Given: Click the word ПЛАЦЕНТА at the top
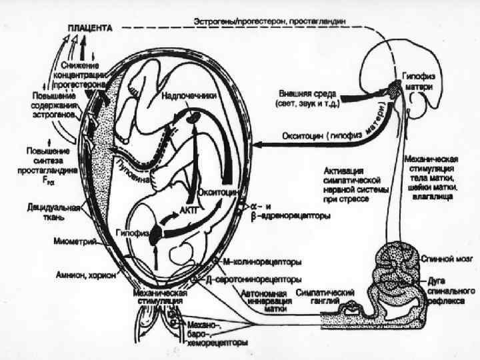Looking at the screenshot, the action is click(x=89, y=29).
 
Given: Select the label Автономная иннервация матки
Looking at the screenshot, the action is click(x=268, y=301).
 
